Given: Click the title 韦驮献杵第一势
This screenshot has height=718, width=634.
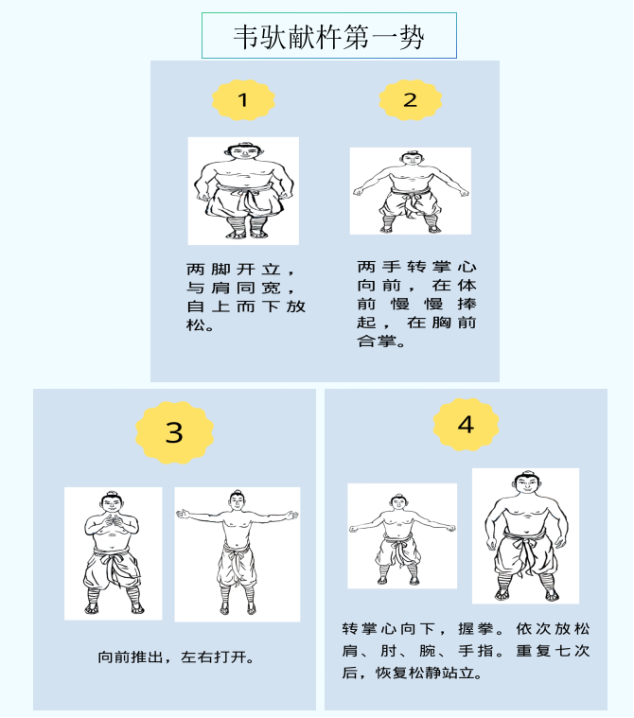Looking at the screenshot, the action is [329, 37].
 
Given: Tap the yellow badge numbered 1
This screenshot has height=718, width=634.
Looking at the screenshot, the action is [243, 100].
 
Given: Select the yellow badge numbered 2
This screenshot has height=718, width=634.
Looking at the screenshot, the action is [410, 100].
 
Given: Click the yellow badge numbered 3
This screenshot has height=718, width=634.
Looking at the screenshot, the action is [174, 432].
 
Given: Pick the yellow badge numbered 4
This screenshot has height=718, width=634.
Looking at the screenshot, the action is [466, 425].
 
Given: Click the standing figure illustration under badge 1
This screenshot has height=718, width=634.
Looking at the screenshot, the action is [243, 191].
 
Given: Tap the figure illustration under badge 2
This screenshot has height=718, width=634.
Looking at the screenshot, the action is [411, 191].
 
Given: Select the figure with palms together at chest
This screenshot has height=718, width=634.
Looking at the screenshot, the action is [114, 553].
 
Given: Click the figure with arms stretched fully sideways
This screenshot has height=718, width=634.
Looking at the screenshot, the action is [238, 554].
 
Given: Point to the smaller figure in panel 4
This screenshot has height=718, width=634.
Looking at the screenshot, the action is [402, 535].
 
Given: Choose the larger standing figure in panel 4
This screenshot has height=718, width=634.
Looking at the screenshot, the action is [526, 535].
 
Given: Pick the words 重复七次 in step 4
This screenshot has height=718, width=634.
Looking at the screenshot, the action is [553, 651].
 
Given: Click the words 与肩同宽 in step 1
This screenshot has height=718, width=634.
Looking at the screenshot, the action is [233, 288].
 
